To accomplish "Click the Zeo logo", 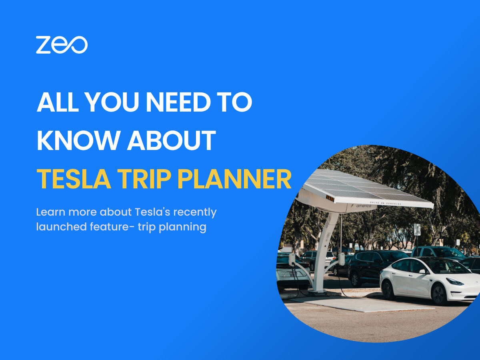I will point(62,44).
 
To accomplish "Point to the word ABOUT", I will point(172,141).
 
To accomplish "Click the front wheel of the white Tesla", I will point(440,294).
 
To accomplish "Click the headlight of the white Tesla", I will point(454,282).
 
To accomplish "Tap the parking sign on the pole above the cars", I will point(417,229).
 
